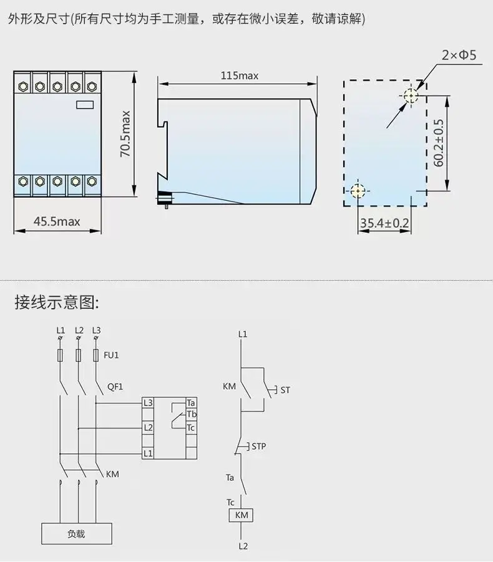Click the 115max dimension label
[240, 76]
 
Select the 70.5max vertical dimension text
[125, 133]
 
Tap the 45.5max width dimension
[57, 221]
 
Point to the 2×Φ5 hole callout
[459, 56]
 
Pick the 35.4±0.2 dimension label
[384, 223]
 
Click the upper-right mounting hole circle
[411, 96]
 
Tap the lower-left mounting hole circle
[358, 190]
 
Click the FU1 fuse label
[111, 356]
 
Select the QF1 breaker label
[115, 387]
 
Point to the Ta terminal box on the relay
[191, 403]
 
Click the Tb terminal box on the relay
[191, 415]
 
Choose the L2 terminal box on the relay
[148, 428]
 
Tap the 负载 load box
[76, 534]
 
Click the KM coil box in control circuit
[242, 515]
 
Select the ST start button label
[285, 390]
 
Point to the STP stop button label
[259, 447]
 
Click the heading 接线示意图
[57, 303]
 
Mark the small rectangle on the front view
[84, 105]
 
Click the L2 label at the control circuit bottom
[242, 546]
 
